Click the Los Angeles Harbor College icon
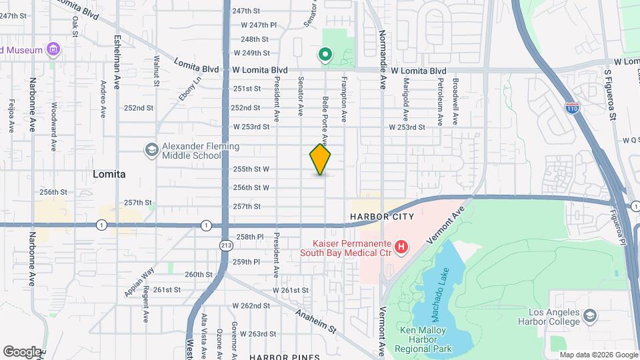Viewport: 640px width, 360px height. (x=589, y=315)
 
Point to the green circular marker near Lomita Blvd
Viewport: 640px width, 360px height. (x=325, y=54)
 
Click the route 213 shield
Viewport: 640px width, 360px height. (x=226, y=245)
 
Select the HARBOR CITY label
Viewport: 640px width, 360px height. (x=382, y=217)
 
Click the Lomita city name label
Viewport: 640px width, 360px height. (x=109, y=173)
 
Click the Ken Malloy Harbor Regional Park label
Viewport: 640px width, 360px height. (x=426, y=339)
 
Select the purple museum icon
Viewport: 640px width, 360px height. (x=53, y=49)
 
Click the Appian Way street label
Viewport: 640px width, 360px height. (x=139, y=282)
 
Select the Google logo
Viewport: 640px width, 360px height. (x=21, y=351)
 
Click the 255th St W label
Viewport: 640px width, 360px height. (x=251, y=169)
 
